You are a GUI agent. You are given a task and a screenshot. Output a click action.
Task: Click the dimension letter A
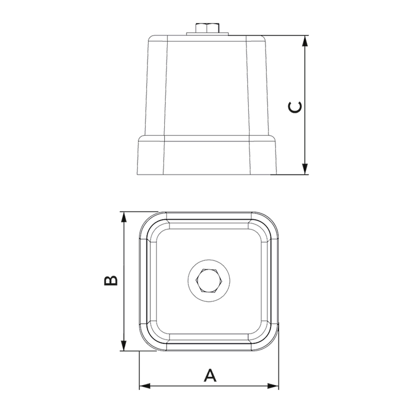tap(209, 376)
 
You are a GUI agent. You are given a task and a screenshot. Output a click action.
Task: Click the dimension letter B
tap(111, 281)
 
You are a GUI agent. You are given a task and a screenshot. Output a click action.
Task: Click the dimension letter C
tap(295, 107)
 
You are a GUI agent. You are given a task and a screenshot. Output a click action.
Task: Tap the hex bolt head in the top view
tap(209, 281)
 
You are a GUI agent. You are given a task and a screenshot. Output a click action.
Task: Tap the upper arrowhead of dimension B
tap(124, 217)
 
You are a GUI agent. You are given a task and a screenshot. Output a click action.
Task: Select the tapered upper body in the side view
tap(207, 87)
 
